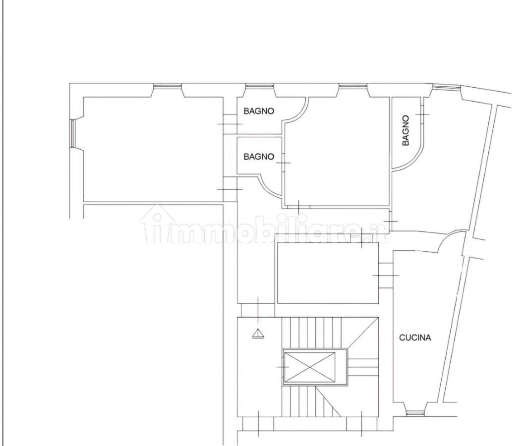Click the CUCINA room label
tap(415, 337)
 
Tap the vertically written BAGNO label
tap(406, 130)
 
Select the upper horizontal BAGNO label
tap(259, 111)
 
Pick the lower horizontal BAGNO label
tap(259, 157)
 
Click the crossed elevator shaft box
tap(309, 367)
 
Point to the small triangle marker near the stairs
tap(258, 333)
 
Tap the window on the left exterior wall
tap(72, 133)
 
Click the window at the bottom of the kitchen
tap(415, 413)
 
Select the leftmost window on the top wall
tap(168, 86)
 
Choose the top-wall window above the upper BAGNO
tap(259, 86)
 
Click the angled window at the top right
tap(446, 87)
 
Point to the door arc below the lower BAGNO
tap(268, 186)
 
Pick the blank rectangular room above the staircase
tap(328, 273)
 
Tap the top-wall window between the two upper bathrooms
tap(353, 86)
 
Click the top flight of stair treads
tap(311, 333)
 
